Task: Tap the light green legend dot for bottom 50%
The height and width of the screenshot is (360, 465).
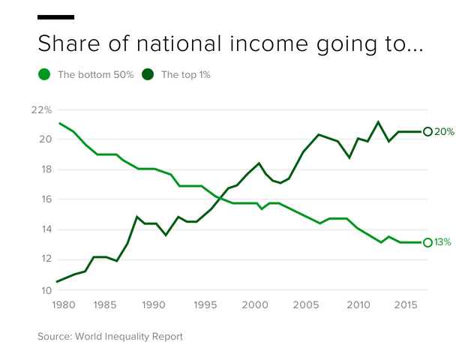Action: click(x=44, y=74)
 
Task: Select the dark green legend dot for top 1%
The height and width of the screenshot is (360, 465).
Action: click(x=148, y=74)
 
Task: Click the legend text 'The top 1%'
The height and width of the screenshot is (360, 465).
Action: click(x=186, y=75)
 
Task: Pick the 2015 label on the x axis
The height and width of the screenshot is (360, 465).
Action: click(x=406, y=306)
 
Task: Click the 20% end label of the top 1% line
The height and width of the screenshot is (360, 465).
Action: click(x=445, y=132)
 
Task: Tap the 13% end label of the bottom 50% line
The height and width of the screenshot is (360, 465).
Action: click(x=444, y=242)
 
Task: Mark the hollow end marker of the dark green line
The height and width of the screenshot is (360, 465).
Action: click(x=427, y=131)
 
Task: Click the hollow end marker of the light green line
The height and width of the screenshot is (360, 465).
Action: click(x=427, y=242)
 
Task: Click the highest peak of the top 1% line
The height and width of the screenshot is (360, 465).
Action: click(x=378, y=121)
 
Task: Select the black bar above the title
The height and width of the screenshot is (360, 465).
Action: click(x=55, y=16)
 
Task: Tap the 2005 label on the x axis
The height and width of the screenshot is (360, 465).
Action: click(x=304, y=306)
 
